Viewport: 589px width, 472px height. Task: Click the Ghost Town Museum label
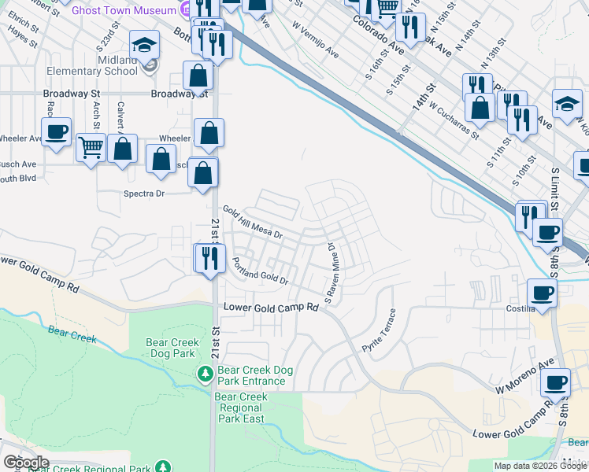123,11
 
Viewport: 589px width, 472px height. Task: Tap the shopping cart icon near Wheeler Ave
91,146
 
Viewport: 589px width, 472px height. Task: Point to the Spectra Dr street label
143,193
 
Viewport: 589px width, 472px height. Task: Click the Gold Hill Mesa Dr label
252,223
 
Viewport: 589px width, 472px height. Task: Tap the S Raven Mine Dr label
334,273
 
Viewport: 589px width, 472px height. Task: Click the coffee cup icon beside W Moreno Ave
555,383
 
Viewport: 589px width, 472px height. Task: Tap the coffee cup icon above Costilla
542,293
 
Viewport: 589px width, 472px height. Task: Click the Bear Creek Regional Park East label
241,407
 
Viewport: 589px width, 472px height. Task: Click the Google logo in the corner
26,463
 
